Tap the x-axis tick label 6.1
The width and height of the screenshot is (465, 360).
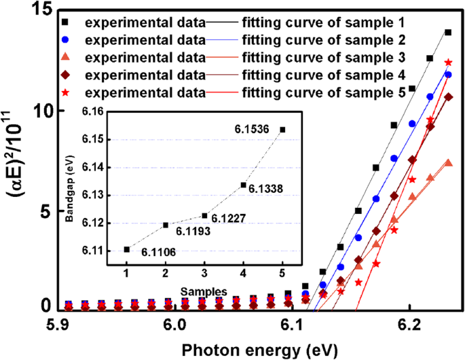(x=292, y=325)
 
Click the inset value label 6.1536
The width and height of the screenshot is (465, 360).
(x=252, y=127)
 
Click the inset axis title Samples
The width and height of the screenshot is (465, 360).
(x=200, y=290)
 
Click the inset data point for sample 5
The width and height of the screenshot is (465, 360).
(x=282, y=129)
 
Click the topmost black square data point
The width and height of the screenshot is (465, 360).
(x=448, y=32)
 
